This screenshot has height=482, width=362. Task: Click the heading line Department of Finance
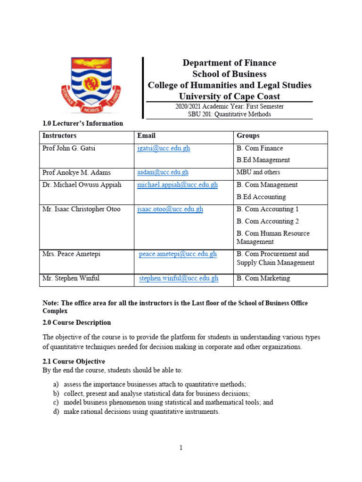pos(229,63)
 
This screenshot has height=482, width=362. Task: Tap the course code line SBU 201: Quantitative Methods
pos(229,114)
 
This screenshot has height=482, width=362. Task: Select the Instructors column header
pos(59,136)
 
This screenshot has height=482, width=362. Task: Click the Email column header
pos(146,136)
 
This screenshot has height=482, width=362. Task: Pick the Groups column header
pos(248,136)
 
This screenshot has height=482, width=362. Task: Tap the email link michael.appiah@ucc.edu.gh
pos(177,185)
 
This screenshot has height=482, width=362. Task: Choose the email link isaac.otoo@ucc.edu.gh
pos(170,209)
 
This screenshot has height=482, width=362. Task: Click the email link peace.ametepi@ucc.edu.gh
pos(178,254)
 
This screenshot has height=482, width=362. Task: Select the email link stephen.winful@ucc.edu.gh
pos(179,279)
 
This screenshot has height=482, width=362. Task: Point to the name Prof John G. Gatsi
pos(69,148)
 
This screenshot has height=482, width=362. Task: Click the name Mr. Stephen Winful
pos(71,279)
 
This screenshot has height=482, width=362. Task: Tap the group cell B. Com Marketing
pos(263,279)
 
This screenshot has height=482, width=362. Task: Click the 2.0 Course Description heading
pos(77,323)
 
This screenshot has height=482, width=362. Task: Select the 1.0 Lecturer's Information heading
pos(82,123)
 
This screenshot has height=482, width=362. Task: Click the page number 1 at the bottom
pos(181,448)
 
